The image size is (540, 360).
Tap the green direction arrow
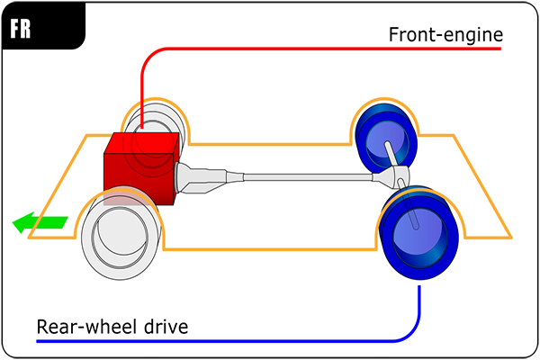(x=40, y=221)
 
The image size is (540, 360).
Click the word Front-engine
(x=445, y=35)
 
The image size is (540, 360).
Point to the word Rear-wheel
(x=80, y=326)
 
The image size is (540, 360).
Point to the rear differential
(x=399, y=176)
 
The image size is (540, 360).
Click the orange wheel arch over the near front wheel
(x=121, y=199)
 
